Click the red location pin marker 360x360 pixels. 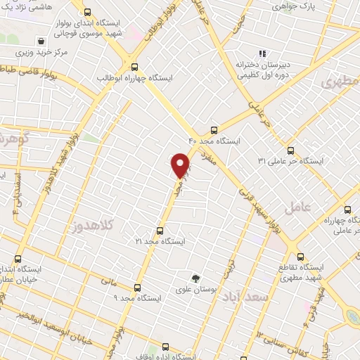(x=181, y=165)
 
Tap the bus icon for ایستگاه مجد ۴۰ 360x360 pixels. (x=214, y=129)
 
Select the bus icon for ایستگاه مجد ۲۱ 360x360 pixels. (x=160, y=230)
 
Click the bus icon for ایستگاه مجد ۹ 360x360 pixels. (x=136, y=287)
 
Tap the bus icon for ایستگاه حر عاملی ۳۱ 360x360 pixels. (x=291, y=150)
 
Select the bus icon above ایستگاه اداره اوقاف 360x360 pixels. (x=165, y=347)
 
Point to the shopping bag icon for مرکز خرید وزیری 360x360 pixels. (x=44, y=41)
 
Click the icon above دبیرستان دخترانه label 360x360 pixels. (x=262, y=53)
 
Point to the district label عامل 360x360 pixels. (x=297, y=207)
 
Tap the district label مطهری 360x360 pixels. (x=341, y=82)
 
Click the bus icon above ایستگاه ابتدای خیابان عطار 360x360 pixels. (x=18, y=259)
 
